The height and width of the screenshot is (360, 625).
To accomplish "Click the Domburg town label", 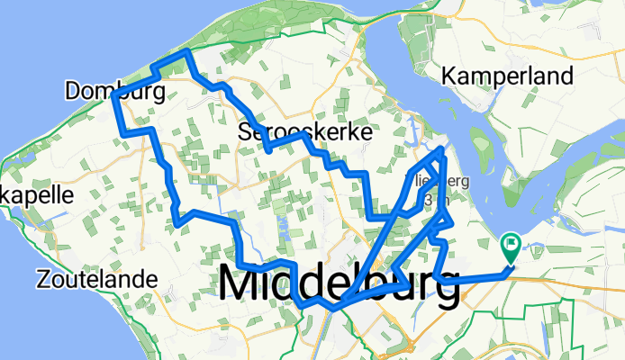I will (114, 91).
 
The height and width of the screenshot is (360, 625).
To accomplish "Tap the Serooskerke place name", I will (305, 132).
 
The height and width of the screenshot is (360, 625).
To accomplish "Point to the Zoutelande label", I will (96, 280).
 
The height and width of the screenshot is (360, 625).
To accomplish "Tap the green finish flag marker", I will (511, 243).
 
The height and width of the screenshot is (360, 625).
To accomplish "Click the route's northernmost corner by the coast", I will (186, 53).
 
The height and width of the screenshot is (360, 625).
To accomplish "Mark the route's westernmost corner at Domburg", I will (114, 95).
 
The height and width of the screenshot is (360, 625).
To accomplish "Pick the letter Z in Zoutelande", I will (44, 280).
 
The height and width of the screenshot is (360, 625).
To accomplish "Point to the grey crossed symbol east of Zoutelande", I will (168, 281).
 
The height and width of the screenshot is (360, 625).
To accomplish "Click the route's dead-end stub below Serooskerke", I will (269, 149).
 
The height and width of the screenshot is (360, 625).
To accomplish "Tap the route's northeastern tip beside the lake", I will (442, 149).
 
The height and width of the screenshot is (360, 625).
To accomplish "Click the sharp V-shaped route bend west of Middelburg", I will (180, 219).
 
